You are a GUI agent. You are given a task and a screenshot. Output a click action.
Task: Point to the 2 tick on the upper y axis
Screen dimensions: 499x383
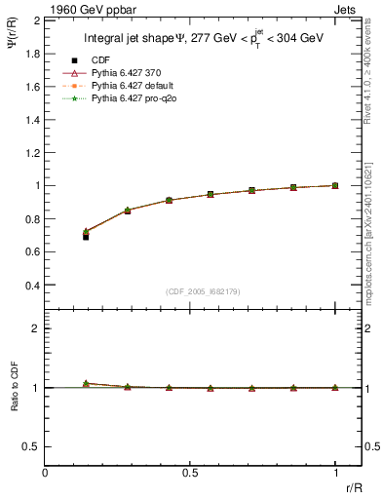click(x=36, y=19)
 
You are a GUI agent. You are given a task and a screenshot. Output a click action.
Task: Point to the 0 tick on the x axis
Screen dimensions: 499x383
click(x=46, y=473)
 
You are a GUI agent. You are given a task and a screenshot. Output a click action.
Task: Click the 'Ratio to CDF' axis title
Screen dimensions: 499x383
click(x=13, y=401)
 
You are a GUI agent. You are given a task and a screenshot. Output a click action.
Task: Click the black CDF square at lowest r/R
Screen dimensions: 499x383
click(x=87, y=236)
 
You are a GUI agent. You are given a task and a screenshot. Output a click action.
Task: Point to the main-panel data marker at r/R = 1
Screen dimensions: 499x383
click(x=335, y=185)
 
